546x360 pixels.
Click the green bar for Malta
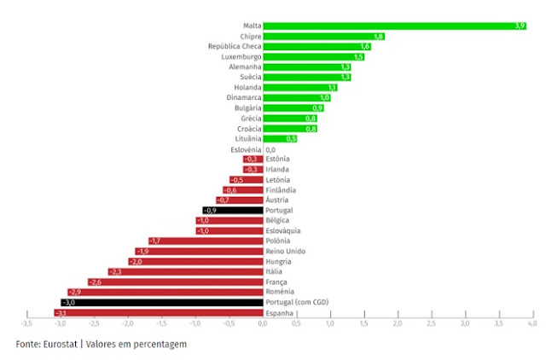(x=394, y=26)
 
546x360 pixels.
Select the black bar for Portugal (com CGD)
(x=162, y=302)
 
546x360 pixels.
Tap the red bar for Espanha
(x=159, y=313)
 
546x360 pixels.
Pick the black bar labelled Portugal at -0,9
(x=232, y=210)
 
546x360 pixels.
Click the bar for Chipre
(x=323, y=37)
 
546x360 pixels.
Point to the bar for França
(x=175, y=282)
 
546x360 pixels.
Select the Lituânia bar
(x=280, y=138)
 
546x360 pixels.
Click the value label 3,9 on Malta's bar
(x=520, y=26)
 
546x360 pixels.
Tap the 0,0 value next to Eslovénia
(x=270, y=149)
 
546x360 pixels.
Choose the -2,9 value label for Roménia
(x=75, y=292)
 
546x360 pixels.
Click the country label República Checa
(x=235, y=47)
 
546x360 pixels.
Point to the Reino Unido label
(x=285, y=251)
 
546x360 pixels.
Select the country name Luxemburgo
(x=241, y=57)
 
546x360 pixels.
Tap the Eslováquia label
(x=286, y=230)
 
